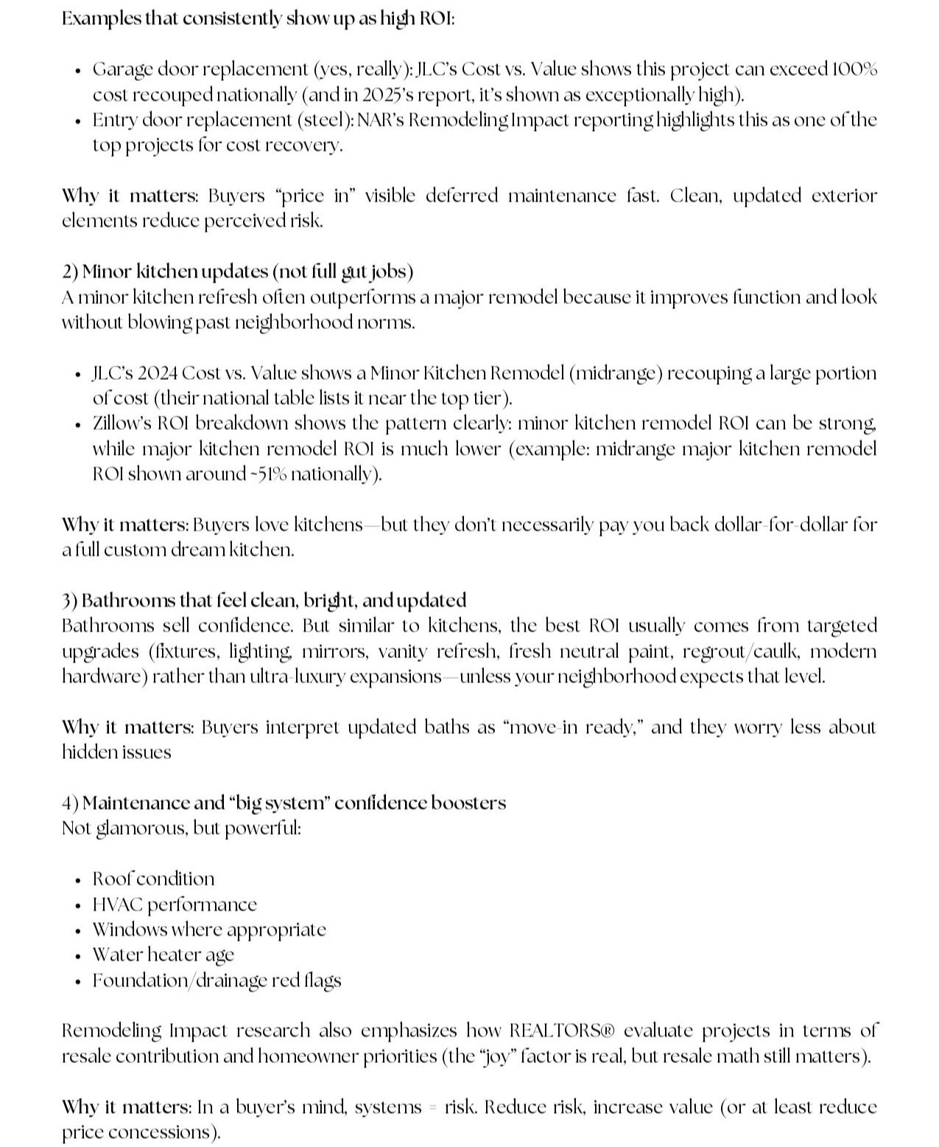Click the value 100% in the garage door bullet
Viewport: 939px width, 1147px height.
coord(854,69)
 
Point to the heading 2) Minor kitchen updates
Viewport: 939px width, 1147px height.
coord(237,272)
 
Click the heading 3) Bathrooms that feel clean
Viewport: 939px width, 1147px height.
coord(264,601)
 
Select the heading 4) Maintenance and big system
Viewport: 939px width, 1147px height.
coord(284,802)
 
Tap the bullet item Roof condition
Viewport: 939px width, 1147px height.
coord(153,879)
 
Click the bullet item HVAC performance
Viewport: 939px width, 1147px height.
coord(175,904)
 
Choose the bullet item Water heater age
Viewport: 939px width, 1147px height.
coord(163,955)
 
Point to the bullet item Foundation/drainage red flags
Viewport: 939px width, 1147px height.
coord(217,981)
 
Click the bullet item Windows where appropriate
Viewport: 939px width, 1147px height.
coord(208,930)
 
